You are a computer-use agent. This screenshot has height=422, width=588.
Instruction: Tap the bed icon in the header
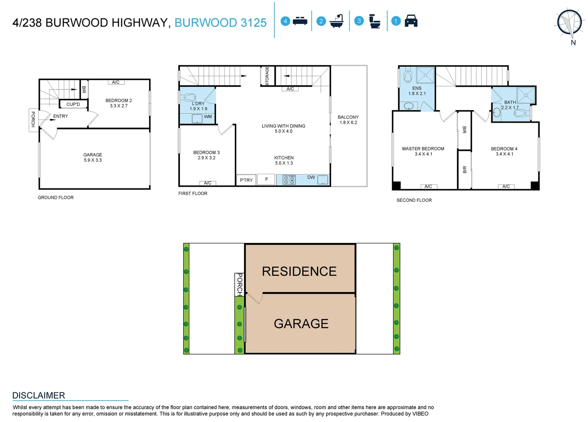coord(300,21)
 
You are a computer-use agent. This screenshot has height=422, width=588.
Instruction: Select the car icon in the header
coord(411,21)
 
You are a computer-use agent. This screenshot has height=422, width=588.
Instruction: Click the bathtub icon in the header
coord(336,21)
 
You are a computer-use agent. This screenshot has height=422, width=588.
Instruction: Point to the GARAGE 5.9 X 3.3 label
coord(93,157)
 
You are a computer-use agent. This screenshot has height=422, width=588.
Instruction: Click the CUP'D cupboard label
coord(73,104)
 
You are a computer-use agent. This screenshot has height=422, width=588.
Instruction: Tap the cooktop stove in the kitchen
coord(289,180)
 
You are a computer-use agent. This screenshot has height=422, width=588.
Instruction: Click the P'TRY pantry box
coord(246,180)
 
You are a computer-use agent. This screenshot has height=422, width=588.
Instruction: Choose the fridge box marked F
coord(266,179)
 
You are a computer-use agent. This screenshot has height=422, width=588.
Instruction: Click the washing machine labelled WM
coord(197,118)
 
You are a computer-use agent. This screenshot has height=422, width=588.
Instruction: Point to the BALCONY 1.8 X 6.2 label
coord(348,120)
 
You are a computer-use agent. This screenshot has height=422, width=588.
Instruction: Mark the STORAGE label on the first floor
coord(267,76)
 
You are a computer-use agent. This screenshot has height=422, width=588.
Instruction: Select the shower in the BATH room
coord(525,95)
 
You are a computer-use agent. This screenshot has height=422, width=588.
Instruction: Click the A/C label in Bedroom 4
coord(506,187)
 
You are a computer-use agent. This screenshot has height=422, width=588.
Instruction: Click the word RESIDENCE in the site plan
coord(299,272)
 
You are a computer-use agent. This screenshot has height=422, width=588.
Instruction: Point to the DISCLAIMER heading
coord(39,395)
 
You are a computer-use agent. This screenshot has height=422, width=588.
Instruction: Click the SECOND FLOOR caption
coord(414,200)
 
